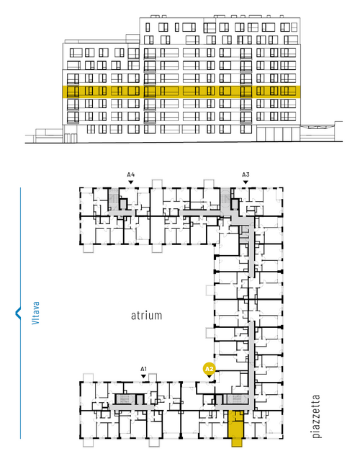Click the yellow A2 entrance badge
(209, 369)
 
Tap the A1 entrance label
(143, 369)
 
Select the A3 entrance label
(246, 174)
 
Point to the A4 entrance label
(131, 174)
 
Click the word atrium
(146, 316)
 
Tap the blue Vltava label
(35, 313)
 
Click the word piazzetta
(316, 416)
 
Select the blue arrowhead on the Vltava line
(18, 313)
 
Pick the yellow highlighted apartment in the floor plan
(235, 424)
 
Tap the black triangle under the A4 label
(131, 182)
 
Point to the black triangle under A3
(246, 182)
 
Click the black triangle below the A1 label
(143, 376)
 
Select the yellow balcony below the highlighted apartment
(237, 442)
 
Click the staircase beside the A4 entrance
(114, 199)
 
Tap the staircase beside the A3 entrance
(225, 199)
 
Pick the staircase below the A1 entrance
(125, 398)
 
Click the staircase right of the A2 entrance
(236, 398)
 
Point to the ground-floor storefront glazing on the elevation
(278, 134)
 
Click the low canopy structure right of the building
(321, 131)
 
